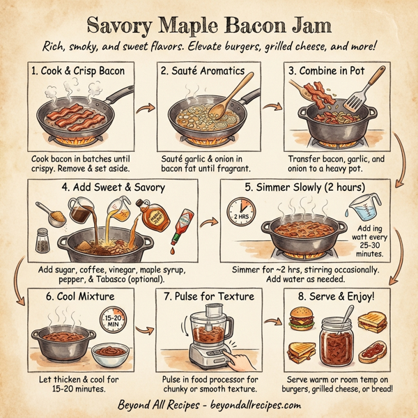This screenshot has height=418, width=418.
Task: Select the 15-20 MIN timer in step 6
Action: click(113, 322)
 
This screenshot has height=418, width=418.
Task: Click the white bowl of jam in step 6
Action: click(110, 355)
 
